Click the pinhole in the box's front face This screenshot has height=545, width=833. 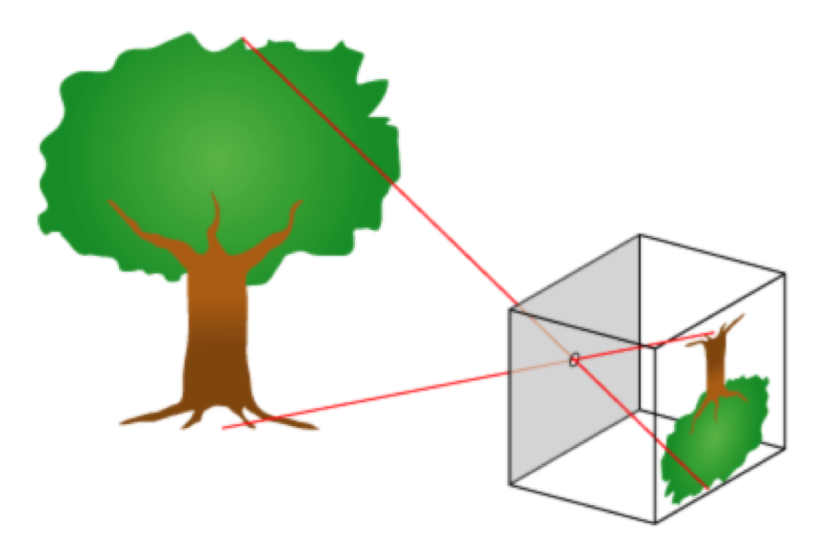pos(574,359)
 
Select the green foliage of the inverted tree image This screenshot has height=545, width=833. pos(714,438)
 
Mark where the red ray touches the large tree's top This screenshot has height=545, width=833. pos(243,39)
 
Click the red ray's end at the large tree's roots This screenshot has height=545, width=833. pos(223,428)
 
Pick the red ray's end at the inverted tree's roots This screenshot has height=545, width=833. pos(714,333)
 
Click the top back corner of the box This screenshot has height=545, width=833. pos(640,234)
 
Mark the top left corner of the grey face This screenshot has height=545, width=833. pos(511,308)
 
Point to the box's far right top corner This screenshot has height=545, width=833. pos(785,275)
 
